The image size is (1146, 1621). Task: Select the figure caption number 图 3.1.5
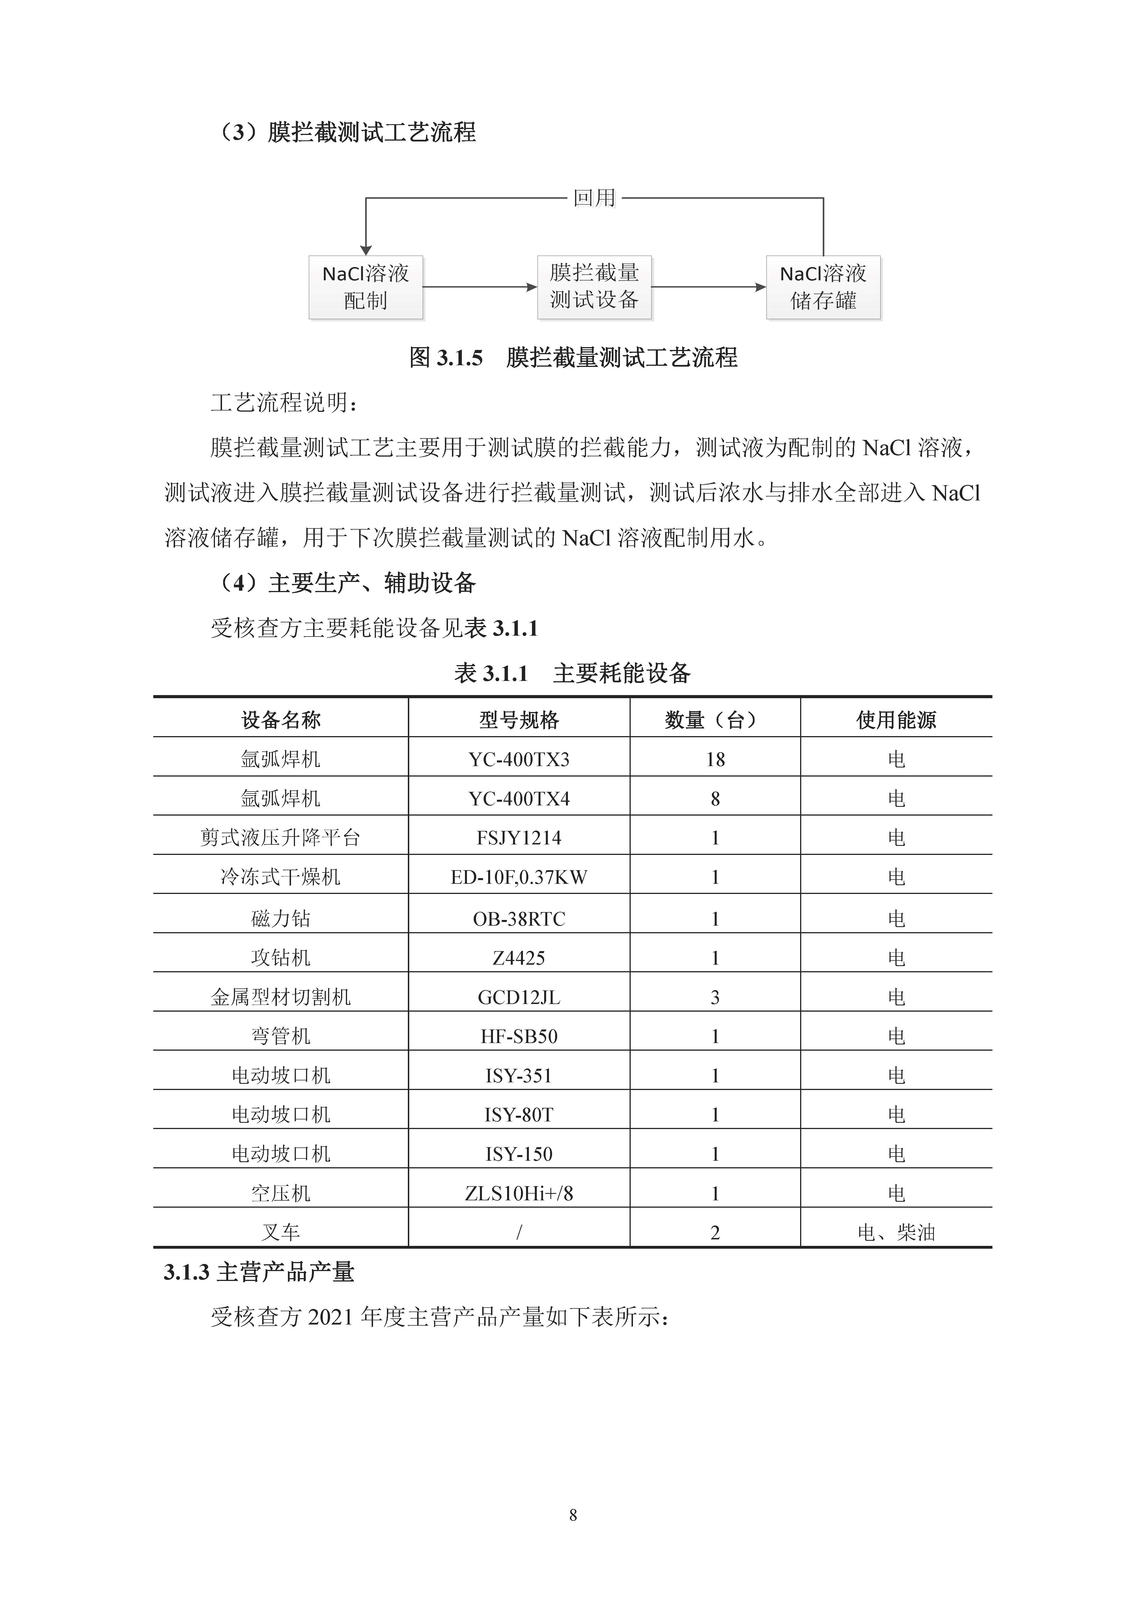tap(446, 358)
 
